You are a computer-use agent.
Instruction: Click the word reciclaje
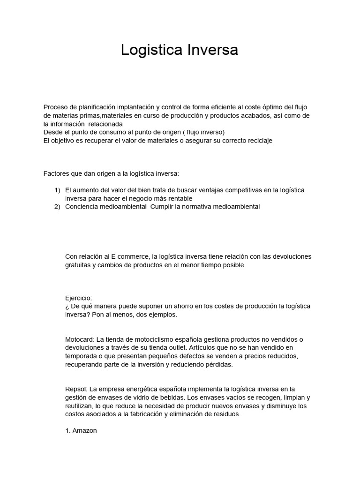pos(257,141)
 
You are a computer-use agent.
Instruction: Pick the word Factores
pos(56,173)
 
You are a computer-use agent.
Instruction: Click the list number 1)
pos(58,190)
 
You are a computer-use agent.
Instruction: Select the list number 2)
pos(58,207)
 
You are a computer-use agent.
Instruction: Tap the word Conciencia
pos(82,207)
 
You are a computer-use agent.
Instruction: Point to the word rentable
pos(180,198)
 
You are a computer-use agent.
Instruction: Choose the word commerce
pos(134,256)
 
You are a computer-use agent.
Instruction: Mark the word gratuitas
pos(80,265)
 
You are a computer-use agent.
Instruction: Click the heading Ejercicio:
pos(79,298)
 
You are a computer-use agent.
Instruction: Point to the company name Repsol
pos(76,389)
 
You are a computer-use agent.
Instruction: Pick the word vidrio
pos(133,397)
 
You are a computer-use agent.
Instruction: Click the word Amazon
pos(84,430)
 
